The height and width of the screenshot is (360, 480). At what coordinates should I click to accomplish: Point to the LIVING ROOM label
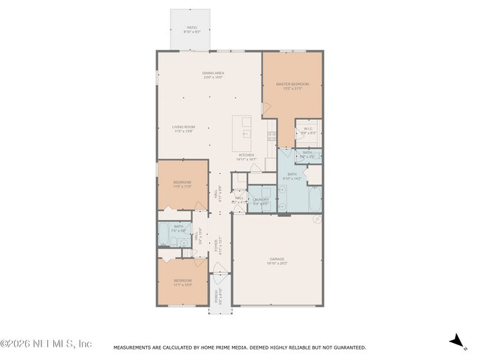point(183,129)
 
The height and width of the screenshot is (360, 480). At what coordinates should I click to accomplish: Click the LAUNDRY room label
point(261,201)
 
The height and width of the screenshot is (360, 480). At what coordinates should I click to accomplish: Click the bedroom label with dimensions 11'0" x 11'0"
point(182,184)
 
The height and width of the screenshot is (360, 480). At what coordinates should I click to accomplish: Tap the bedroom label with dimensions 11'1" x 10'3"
point(182,282)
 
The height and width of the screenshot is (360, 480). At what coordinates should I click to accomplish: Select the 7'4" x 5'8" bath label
point(179,229)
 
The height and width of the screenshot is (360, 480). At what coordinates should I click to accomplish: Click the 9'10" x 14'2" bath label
point(292,176)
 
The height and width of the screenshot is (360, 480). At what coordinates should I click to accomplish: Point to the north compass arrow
point(458,341)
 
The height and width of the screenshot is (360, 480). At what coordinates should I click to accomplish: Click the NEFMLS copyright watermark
point(46,344)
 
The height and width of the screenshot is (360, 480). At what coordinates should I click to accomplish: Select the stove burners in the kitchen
point(271,135)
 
